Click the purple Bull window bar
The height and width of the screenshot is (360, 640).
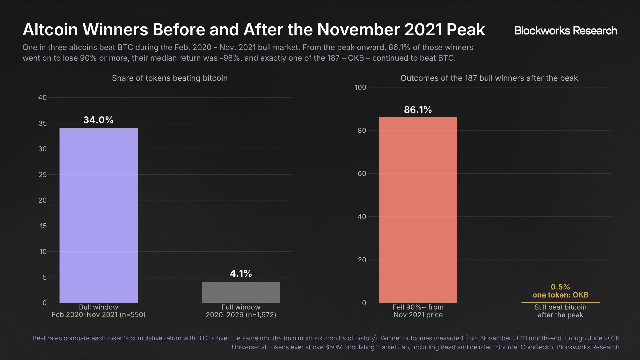point(99,215)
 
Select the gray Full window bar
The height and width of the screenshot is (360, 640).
point(241,292)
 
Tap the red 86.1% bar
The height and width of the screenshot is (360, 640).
point(418,210)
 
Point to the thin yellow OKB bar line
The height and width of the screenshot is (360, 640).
point(560,302)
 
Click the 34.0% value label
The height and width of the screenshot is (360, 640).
point(98,120)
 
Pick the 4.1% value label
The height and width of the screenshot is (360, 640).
point(241,274)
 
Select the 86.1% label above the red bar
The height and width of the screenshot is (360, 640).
point(418,110)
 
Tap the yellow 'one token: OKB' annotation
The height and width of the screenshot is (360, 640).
point(560,295)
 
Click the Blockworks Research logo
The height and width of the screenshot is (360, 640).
point(566,31)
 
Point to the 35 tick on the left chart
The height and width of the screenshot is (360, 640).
point(43,123)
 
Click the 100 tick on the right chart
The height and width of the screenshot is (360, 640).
point(360,87)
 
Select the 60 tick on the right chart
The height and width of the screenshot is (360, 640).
point(362,174)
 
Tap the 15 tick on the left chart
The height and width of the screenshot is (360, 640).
point(43,226)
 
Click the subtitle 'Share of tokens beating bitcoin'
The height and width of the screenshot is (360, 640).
point(170,78)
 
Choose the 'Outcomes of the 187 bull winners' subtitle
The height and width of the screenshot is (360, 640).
point(489,78)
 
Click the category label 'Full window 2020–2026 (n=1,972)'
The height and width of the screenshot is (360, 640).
point(241,311)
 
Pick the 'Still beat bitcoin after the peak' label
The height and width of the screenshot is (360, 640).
point(560,311)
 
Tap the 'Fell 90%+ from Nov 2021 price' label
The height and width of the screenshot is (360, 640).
point(418,311)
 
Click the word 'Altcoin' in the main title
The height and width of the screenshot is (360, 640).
point(50,30)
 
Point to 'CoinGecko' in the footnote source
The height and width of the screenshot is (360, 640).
point(537,347)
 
